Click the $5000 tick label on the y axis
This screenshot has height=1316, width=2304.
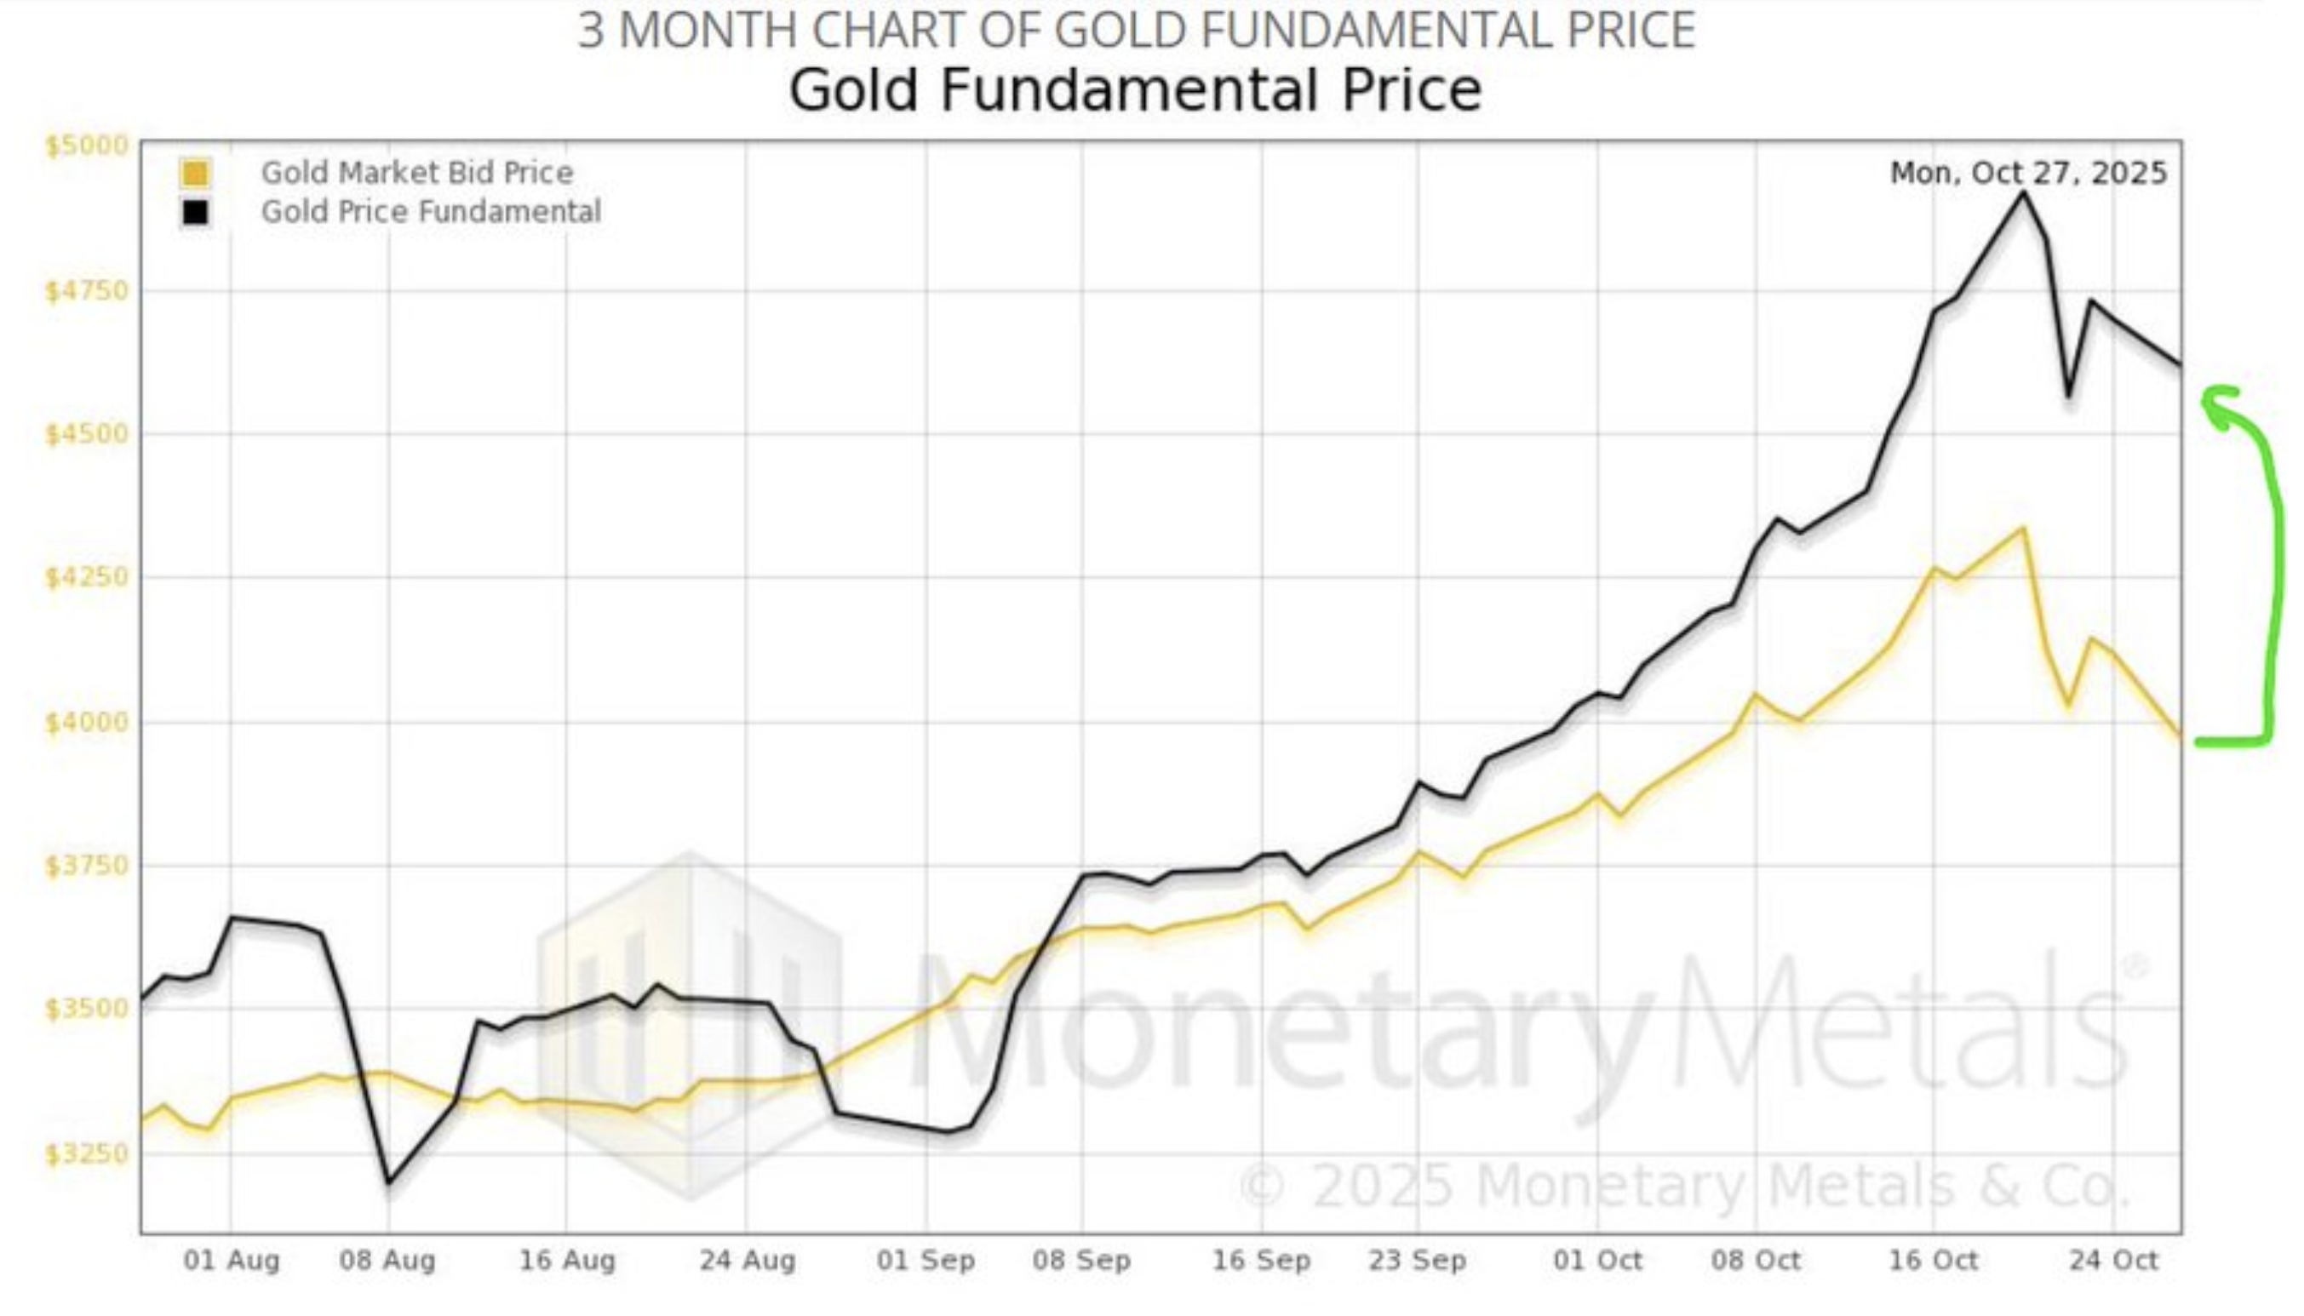87,146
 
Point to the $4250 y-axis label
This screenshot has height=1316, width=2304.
87,576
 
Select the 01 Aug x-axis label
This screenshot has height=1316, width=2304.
232,1260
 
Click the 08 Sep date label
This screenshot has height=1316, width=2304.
1081,1260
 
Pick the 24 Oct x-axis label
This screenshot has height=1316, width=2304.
2113,1260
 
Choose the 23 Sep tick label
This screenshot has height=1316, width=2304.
1418,1260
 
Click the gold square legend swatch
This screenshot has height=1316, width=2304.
195,173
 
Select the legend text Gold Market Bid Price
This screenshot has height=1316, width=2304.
416,173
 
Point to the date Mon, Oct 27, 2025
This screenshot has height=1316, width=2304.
2028,173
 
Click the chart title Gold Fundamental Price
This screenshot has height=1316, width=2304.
1134,90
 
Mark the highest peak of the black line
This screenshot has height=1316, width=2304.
2023,192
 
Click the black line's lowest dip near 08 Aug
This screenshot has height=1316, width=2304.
388,1182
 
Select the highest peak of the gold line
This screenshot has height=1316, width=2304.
2023,528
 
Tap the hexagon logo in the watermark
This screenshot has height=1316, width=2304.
691,1026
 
